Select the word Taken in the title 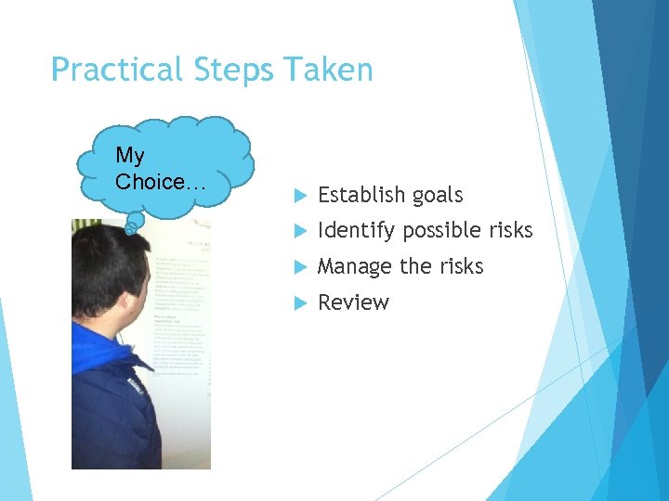[x=329, y=71]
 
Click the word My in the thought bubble [x=131, y=156]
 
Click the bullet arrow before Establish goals [x=299, y=196]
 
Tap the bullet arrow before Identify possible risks [x=299, y=231]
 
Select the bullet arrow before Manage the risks [x=299, y=267]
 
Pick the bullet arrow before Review [x=299, y=303]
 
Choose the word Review [x=353, y=302]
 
